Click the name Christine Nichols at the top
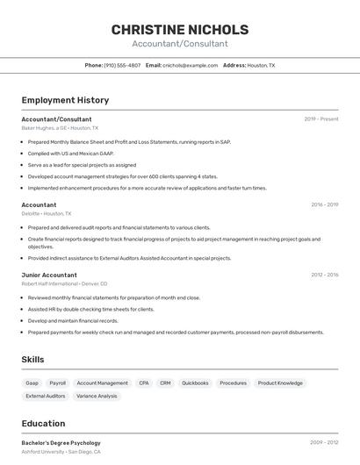(180, 30)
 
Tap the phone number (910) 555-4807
(122, 65)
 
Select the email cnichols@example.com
(191, 65)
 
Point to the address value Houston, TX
(261, 65)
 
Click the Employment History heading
(64, 101)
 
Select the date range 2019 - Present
(321, 119)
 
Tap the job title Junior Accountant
(49, 275)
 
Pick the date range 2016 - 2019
(324, 204)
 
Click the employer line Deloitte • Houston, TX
(47, 213)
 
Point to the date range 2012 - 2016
(324, 275)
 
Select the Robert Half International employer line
(64, 283)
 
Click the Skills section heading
(32, 360)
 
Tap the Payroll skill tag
(58, 383)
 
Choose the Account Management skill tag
(102, 383)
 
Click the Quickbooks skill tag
(195, 383)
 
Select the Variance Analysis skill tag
(97, 397)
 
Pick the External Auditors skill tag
(46, 397)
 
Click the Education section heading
(43, 423)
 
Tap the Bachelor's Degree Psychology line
(61, 443)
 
